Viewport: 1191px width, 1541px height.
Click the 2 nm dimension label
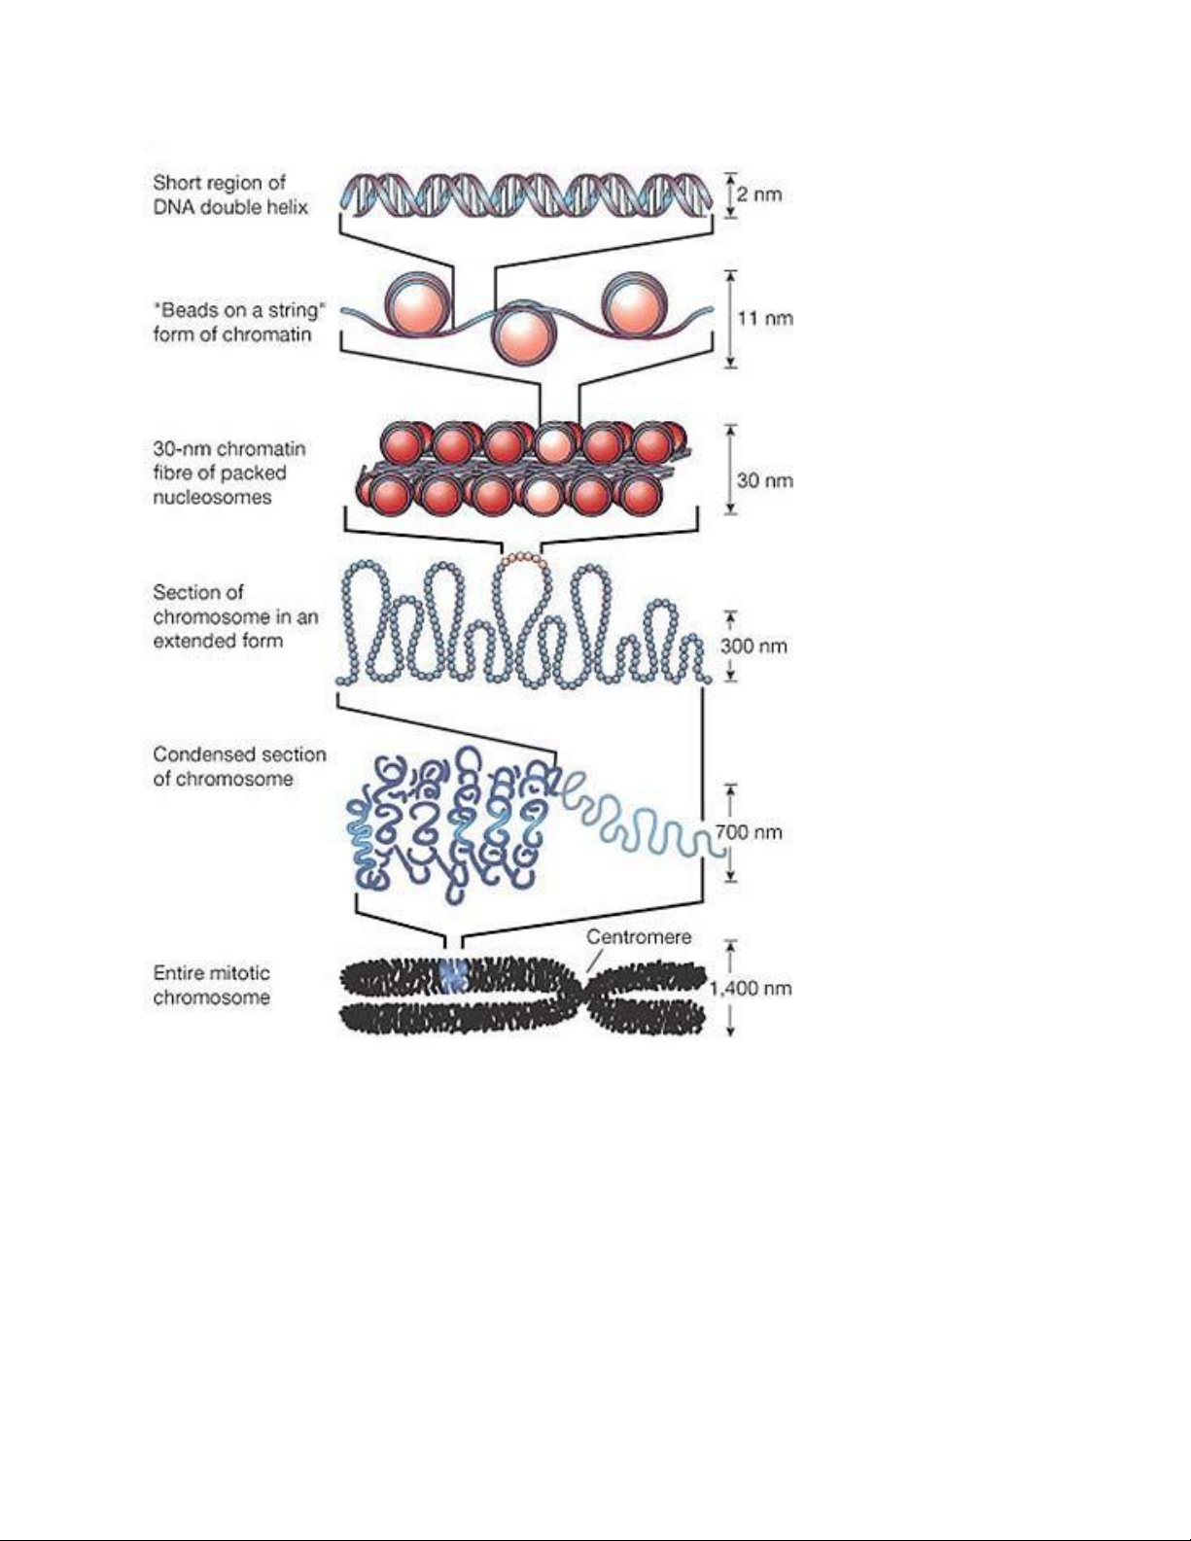click(x=759, y=194)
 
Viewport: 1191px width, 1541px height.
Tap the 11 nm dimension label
click(x=765, y=319)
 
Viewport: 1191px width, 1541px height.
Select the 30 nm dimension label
click(x=765, y=481)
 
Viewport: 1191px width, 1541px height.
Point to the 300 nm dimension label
click(x=753, y=646)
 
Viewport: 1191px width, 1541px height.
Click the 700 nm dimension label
click(x=749, y=832)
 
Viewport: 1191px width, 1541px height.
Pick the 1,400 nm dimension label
click(x=751, y=989)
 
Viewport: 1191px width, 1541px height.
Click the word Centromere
click(x=639, y=937)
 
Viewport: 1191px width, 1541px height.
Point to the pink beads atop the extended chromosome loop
click(x=524, y=559)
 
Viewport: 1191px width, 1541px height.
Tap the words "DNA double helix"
click(x=230, y=207)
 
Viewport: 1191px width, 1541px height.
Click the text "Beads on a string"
click(x=239, y=310)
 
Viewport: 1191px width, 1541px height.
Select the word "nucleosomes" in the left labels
click(x=212, y=497)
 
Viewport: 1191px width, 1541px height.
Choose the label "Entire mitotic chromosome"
click(x=211, y=985)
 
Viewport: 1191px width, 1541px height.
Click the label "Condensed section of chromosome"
click(x=239, y=766)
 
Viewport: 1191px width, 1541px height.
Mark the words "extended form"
click(x=218, y=641)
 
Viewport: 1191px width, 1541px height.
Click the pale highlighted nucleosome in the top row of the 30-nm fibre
click(x=554, y=444)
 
